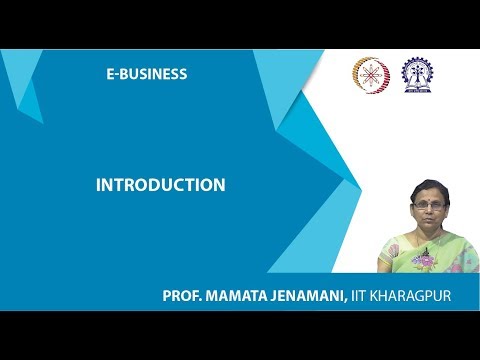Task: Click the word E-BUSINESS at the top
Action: pyautogui.click(x=147, y=74)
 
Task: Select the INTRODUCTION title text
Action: pyautogui.click(x=160, y=185)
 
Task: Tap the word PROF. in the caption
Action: pyautogui.click(x=184, y=296)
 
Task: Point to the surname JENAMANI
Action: pyautogui.click(x=310, y=296)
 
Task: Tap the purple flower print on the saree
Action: pyautogui.click(x=424, y=262)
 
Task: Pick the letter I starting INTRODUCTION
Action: pyautogui.click(x=98, y=185)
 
